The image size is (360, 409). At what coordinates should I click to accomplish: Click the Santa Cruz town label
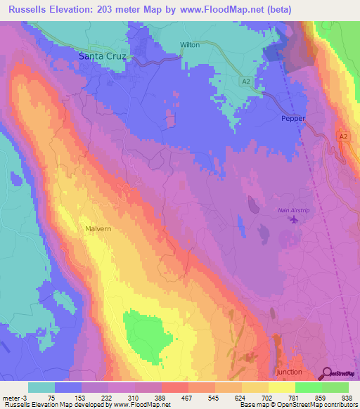click(x=103, y=56)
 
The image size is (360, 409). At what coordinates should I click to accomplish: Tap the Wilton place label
click(x=190, y=45)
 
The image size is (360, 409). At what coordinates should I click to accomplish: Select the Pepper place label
click(x=293, y=118)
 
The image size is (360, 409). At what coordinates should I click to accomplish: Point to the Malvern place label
click(x=98, y=229)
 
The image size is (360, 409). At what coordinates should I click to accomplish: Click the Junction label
click(x=289, y=372)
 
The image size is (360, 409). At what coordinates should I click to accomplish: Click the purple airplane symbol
click(x=293, y=220)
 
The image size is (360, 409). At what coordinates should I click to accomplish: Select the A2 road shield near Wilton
click(x=245, y=82)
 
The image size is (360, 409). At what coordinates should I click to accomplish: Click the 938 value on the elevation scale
click(x=346, y=398)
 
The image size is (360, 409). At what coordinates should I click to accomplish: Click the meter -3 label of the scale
click(x=13, y=398)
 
